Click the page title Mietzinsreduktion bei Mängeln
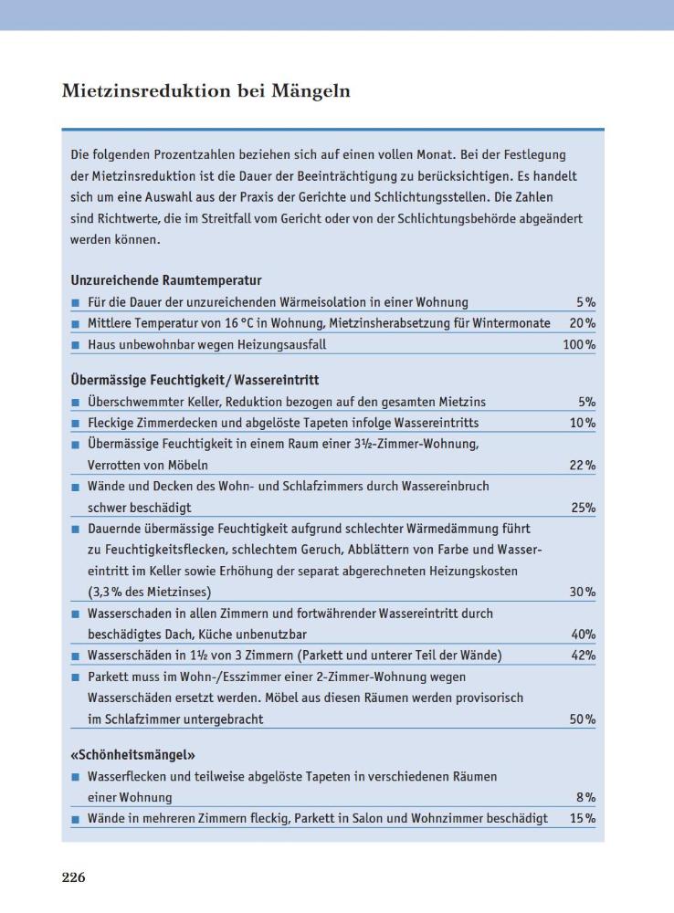pos(206,92)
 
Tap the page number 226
pos(74,877)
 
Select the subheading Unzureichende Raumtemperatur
pos(166,280)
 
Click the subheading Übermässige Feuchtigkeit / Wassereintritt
pos(195,380)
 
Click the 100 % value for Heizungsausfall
pos(579,345)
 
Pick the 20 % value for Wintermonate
pos(582,323)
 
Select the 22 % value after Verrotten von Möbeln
pos(582,466)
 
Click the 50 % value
pos(582,719)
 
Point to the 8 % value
pos(585,797)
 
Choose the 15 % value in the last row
pos(582,819)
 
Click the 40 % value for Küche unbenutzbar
pos(582,635)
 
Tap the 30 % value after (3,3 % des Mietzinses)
pos(582,593)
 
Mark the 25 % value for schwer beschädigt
pos(582,508)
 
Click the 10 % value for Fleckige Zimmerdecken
pos(582,424)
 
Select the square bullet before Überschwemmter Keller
pos(76,403)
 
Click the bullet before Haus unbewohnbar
pos(76,346)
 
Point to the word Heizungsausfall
pos(281,345)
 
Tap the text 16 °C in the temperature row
pos(236,323)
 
